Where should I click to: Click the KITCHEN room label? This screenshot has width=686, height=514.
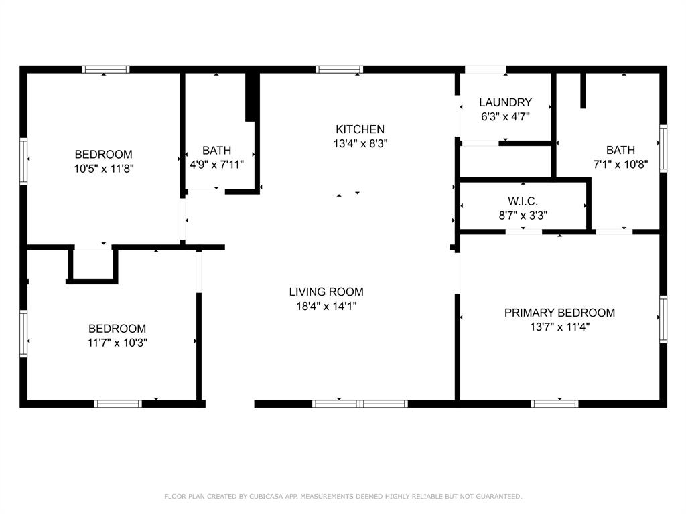tap(360, 129)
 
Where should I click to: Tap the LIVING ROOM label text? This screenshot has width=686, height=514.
tap(326, 292)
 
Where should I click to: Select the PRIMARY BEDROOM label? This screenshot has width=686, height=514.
tap(559, 313)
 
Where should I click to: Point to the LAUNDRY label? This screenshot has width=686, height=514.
tap(505, 102)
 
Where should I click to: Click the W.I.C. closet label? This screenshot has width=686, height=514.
tap(523, 201)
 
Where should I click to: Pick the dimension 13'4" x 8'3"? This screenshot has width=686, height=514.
tap(360, 143)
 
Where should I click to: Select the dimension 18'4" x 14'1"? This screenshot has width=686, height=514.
tap(326, 306)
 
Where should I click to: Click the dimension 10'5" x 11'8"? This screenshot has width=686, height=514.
tap(103, 169)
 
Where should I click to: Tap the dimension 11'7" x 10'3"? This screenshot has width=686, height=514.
tap(117, 343)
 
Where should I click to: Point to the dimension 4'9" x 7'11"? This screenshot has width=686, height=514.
tap(216, 165)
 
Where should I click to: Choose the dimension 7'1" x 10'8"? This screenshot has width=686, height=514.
tap(620, 164)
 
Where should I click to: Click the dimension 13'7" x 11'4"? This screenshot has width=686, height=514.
tap(559, 327)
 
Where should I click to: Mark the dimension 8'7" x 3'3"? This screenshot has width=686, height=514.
tap(523, 216)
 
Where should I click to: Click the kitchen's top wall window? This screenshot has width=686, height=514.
tap(339, 69)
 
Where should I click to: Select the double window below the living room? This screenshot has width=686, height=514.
tap(360, 404)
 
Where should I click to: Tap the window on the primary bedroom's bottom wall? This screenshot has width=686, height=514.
tap(554, 404)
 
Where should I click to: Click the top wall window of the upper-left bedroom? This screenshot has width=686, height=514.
tap(105, 69)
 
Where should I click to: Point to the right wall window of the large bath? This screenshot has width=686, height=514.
tap(663, 148)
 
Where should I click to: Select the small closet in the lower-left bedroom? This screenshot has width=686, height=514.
tap(92, 265)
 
